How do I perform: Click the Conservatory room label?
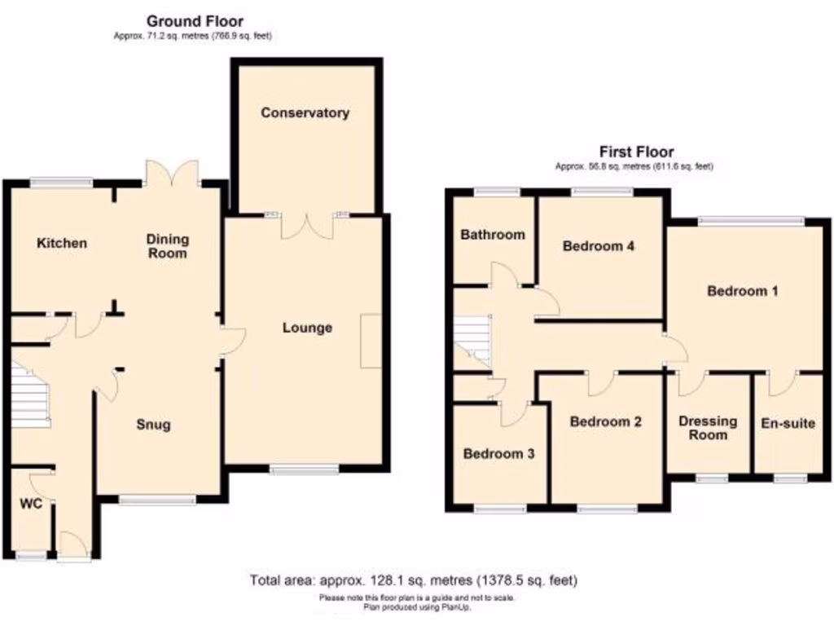tap(305, 112)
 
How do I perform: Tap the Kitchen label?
tap(61, 243)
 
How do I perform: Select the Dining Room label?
tap(168, 246)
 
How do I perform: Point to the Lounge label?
tap(307, 328)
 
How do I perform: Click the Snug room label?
tap(153, 425)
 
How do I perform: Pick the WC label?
tap(30, 503)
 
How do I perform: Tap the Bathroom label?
tap(493, 235)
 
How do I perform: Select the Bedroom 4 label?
tap(599, 246)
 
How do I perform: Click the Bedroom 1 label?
tap(743, 291)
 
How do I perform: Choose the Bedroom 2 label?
tap(605, 421)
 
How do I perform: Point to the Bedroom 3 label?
tap(498, 454)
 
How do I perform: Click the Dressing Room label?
tap(708, 428)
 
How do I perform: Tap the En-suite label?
tap(788, 423)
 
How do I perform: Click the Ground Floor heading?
tap(194, 21)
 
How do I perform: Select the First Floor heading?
tap(636, 152)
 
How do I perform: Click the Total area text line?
tap(414, 580)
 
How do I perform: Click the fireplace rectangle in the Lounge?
tap(371, 340)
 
